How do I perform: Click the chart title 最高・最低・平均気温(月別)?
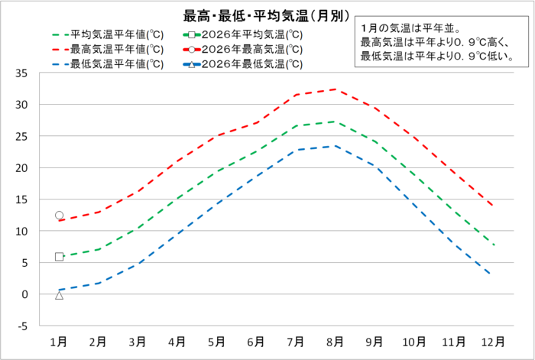pos(267,15)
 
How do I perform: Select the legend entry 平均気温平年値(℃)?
pos(115,34)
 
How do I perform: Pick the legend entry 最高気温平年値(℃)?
pos(115,49)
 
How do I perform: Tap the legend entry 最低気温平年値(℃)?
pos(115,63)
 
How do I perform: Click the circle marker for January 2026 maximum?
pos(59,216)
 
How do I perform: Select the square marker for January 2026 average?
pos(59,257)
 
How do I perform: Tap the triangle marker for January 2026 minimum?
pos(59,295)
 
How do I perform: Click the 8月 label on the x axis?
pos(335,340)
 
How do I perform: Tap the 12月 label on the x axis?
pos(492,340)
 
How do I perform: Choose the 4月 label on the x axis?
pos(177,340)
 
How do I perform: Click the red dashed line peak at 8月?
pos(335,89)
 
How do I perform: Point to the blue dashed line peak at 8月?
pos(335,146)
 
